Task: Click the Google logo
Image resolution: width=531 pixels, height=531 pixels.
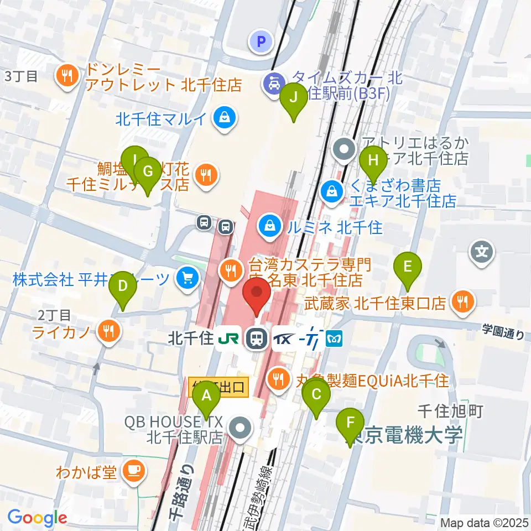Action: click(37, 518)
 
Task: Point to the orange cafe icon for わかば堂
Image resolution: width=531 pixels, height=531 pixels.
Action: click(133, 471)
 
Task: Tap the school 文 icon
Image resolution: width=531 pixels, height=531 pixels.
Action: click(482, 252)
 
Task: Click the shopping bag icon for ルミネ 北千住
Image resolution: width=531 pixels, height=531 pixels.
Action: click(269, 226)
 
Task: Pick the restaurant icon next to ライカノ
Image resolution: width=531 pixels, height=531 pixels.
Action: click(107, 332)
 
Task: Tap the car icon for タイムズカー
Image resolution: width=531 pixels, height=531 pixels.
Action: click(274, 83)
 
